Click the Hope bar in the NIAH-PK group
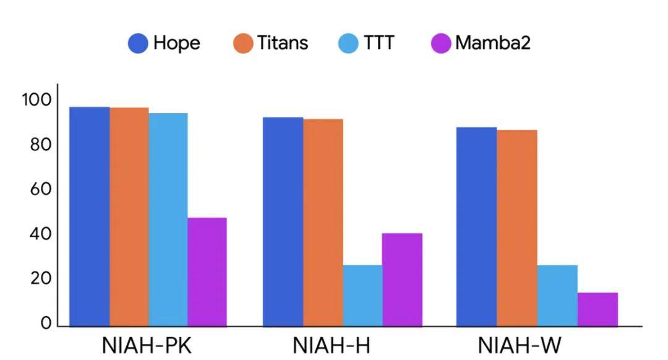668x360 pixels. (x=89, y=216)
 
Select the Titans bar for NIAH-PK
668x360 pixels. (x=129, y=216)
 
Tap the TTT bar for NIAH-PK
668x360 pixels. (x=168, y=220)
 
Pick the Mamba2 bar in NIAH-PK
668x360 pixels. (x=207, y=272)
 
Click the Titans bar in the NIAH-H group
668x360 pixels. (x=323, y=222)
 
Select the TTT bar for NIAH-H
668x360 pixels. (x=362, y=295)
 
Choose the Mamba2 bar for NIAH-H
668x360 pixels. (x=402, y=280)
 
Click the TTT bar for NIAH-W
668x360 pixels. (x=557, y=295)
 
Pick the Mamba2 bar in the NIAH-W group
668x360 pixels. (x=597, y=309)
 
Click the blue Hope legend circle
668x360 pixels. (x=138, y=43)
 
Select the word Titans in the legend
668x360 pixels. (x=283, y=43)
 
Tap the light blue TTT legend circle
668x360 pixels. (x=348, y=43)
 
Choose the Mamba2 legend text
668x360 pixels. (x=493, y=43)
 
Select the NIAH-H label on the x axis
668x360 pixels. (x=332, y=345)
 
